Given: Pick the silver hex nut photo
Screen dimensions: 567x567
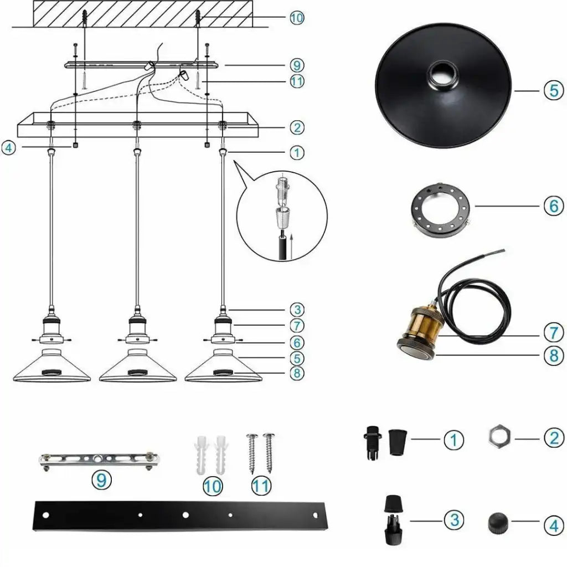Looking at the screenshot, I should click(x=499, y=438).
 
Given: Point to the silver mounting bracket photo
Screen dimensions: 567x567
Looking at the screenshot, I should click(x=98, y=459).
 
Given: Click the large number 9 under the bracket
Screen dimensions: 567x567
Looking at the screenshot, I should click(x=100, y=480).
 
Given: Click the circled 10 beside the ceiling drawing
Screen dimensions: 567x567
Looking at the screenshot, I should click(x=297, y=18).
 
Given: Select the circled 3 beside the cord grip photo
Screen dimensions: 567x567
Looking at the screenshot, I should click(x=454, y=519).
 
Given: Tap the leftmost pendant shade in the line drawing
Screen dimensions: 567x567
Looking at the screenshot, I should click(x=52, y=369).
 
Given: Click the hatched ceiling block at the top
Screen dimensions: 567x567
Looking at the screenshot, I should click(x=142, y=12).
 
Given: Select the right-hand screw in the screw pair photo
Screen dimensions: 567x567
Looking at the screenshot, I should click(x=270, y=451).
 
